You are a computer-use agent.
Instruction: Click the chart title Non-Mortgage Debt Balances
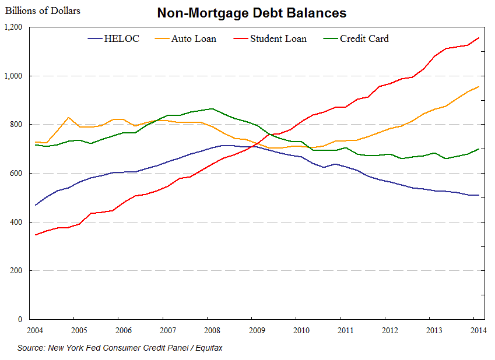[x=252, y=13]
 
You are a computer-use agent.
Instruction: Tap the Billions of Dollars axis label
[x=43, y=10]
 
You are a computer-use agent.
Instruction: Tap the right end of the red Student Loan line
[x=479, y=38]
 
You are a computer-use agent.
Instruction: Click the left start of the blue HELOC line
[x=36, y=205]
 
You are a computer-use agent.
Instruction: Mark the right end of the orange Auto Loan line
[x=479, y=87]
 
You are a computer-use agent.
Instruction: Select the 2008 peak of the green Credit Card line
[x=212, y=108]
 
